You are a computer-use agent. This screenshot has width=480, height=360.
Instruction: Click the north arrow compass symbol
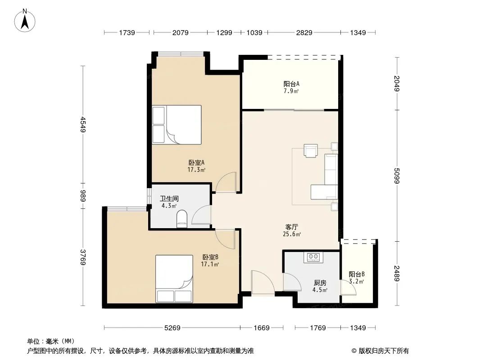25,21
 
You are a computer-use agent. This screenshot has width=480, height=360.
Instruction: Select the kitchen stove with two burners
313,257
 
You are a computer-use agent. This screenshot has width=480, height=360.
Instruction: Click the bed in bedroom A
177,125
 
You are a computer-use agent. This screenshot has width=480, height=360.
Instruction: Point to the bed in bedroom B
174,279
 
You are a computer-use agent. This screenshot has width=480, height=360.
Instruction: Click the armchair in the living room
311,150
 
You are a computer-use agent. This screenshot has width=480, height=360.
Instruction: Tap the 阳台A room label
291,84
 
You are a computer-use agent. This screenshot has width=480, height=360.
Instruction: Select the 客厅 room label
291,227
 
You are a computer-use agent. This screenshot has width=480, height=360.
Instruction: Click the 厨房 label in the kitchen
320,283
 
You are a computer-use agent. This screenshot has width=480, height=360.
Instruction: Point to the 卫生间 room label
169,198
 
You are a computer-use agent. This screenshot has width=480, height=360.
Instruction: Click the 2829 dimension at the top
304,32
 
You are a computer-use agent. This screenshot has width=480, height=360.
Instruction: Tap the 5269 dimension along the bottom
172,328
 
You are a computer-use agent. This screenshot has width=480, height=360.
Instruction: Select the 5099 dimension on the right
397,175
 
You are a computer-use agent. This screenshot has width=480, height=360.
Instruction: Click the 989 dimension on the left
83,196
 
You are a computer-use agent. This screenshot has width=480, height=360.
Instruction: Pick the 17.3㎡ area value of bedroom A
196,170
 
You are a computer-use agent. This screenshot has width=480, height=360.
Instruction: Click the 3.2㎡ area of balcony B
356,281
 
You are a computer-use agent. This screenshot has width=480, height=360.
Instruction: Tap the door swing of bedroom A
226,182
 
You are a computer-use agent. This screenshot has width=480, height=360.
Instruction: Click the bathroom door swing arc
201,215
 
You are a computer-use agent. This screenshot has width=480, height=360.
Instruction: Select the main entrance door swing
263,283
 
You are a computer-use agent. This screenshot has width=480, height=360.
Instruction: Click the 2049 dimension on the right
397,84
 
